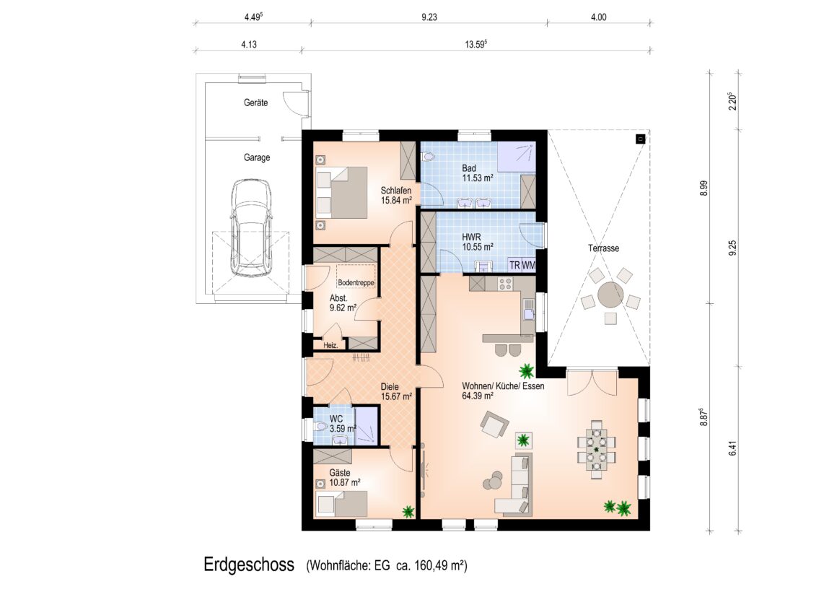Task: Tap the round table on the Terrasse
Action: [610, 295]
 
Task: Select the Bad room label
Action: [469, 168]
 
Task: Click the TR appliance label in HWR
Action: [514, 265]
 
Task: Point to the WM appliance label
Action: [528, 265]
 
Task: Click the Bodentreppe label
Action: [356, 282]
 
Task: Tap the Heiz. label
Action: [330, 346]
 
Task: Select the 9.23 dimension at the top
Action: [429, 17]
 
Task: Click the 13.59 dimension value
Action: [475, 44]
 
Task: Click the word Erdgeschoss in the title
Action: [249, 565]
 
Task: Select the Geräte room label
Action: [255, 103]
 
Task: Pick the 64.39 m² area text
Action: [477, 396]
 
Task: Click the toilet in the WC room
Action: [320, 426]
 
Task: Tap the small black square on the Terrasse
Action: [641, 139]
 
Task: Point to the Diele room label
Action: [390, 387]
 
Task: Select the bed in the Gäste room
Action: [341, 504]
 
